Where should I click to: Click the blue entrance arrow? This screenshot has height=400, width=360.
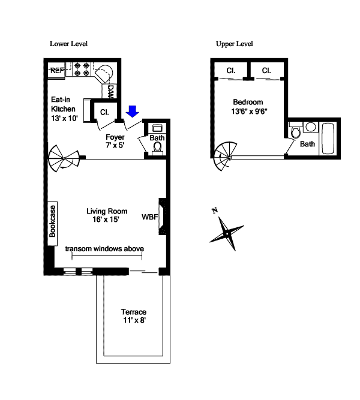133,111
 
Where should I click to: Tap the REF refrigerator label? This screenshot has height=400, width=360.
57,71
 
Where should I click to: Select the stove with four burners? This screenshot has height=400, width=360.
81,70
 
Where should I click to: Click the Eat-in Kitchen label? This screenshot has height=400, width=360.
63,109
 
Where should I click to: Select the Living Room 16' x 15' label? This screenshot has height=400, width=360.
107,215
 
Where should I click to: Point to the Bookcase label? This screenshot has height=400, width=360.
52,222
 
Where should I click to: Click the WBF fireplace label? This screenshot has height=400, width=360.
149,216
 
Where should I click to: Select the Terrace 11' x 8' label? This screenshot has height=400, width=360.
133,316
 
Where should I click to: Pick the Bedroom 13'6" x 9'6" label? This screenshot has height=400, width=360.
248,107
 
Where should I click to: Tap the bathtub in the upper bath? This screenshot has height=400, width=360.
329,137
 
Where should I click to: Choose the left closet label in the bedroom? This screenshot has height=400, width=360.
231,71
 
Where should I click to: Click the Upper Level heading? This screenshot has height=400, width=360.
235,44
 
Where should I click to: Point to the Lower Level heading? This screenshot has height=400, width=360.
68,44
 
